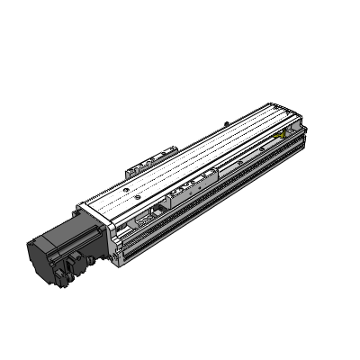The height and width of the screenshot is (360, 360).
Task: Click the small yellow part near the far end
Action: (x=287, y=134)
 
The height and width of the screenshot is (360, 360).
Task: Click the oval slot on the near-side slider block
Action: (x=190, y=188)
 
